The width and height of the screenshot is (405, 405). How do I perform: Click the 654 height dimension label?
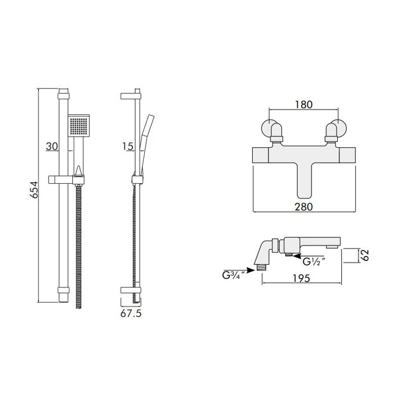click(x=34, y=190)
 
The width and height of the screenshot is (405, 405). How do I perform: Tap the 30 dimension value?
click(x=52, y=146)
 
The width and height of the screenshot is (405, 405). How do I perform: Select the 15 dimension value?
click(x=128, y=146)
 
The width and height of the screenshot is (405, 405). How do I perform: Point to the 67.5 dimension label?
click(x=131, y=313)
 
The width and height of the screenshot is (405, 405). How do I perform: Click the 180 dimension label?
click(x=304, y=104)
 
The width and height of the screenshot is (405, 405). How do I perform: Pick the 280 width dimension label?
click(x=304, y=207)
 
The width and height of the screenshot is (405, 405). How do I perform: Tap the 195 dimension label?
click(x=301, y=278)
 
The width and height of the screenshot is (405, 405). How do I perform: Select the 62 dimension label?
click(x=364, y=255)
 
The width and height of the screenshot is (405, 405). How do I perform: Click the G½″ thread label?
click(x=313, y=262)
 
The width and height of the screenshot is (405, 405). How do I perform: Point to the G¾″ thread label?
click(x=233, y=275)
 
